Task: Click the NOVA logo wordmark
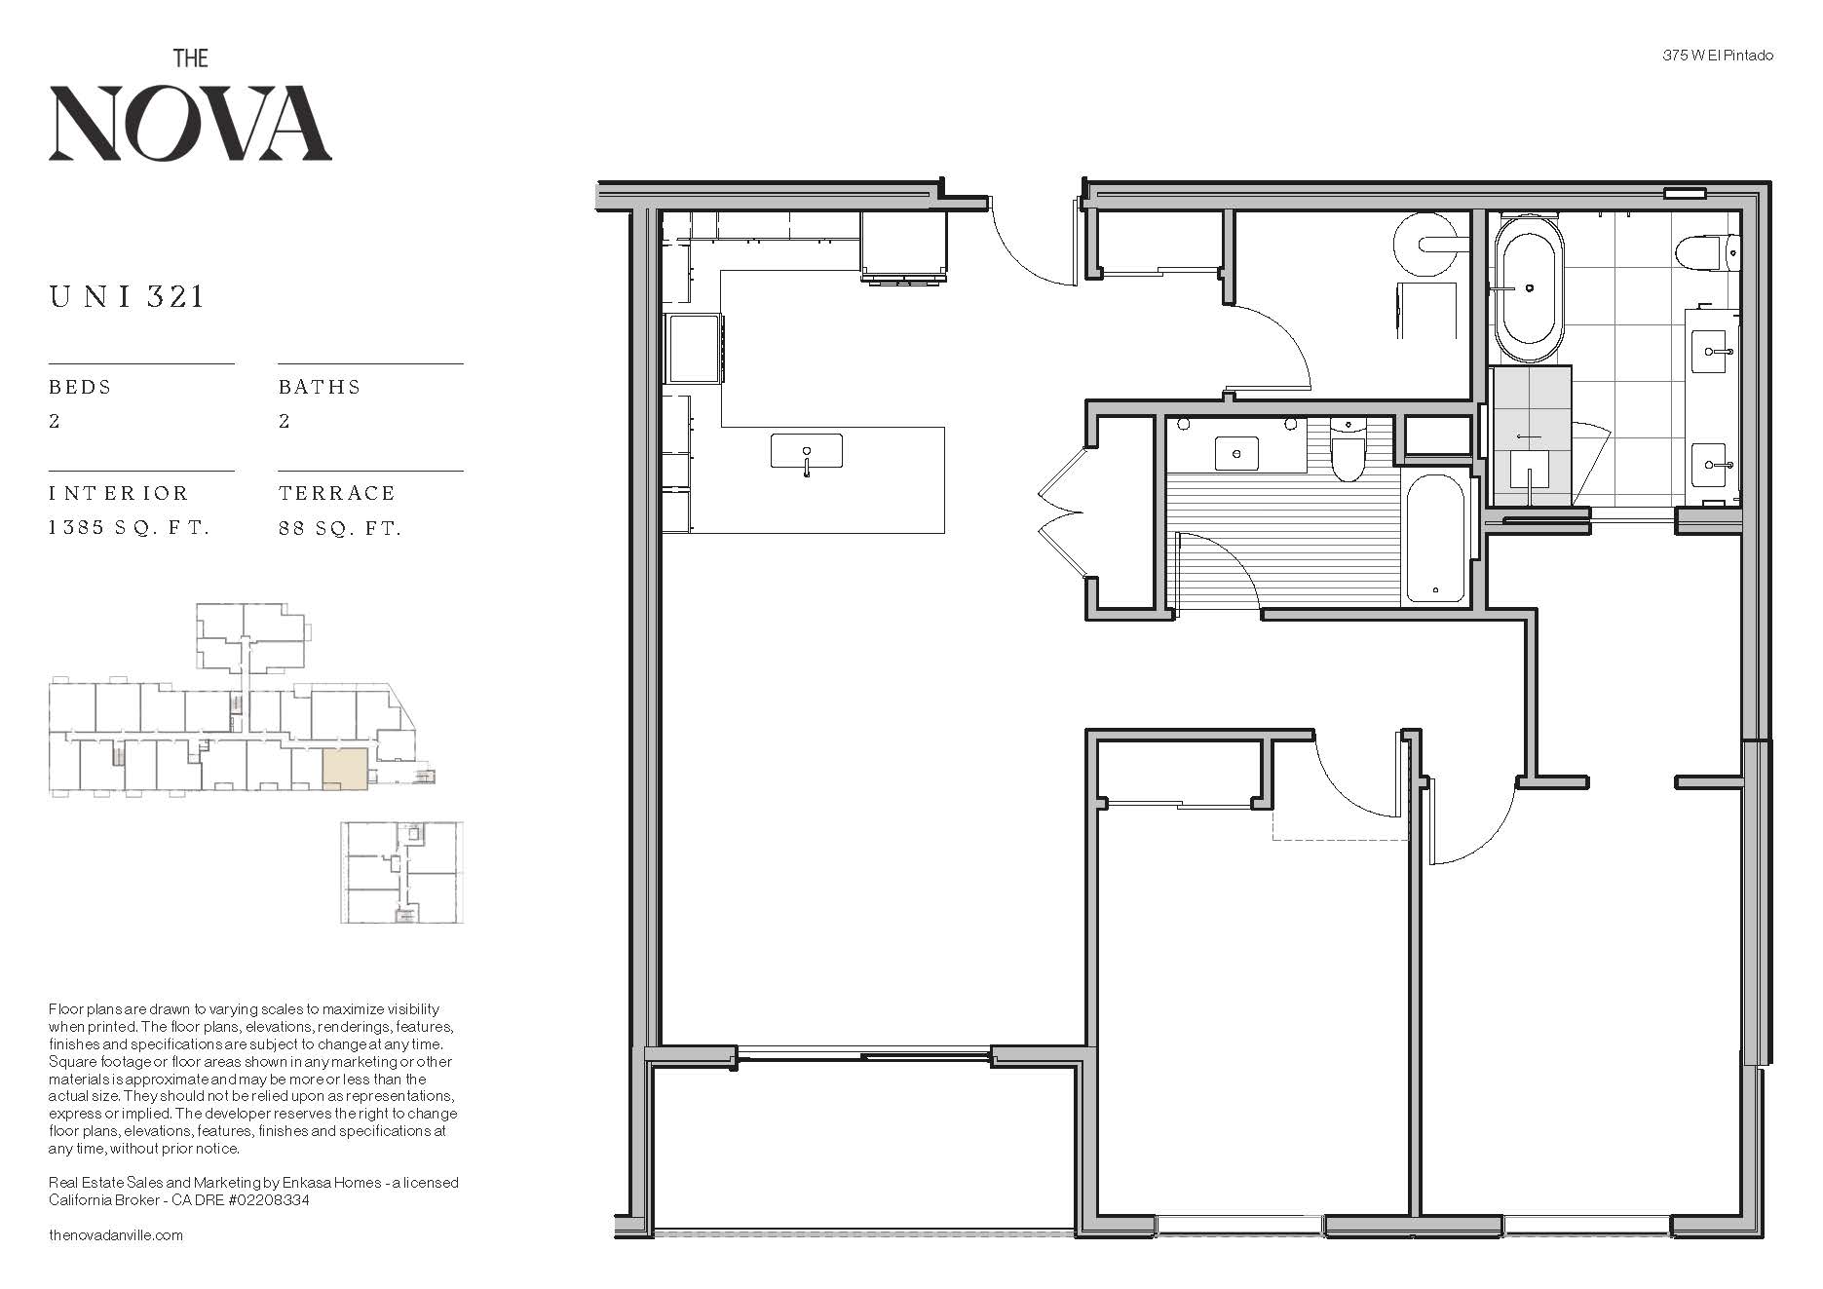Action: pos(190,123)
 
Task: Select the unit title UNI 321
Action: pos(127,296)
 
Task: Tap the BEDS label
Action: pos(80,387)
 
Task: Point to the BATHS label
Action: pos(320,387)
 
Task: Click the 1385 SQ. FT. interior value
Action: pos(130,528)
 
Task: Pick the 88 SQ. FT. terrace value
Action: pos(340,528)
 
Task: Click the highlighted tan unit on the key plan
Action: pos(345,768)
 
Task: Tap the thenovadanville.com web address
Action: pos(116,1235)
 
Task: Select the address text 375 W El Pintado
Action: pos(1718,56)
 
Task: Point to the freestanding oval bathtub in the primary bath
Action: pos(1529,289)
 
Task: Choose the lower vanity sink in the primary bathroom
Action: pos(1716,464)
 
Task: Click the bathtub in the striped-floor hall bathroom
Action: pos(1435,537)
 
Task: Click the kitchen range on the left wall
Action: pos(695,349)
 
